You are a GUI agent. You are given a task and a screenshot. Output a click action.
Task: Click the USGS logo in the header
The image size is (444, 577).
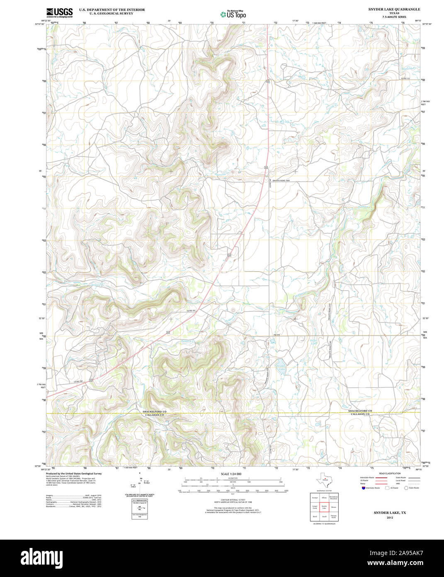point(59,12)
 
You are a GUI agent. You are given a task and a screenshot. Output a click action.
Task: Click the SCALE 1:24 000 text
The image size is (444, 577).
point(231,474)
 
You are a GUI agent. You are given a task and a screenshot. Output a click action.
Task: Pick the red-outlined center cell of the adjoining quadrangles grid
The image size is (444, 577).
point(324,507)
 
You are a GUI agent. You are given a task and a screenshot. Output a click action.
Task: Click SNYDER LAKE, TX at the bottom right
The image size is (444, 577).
point(390,513)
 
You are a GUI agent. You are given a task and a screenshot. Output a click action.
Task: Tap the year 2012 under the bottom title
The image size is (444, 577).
point(390,518)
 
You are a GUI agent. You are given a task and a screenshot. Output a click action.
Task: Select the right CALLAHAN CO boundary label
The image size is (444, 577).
point(360,414)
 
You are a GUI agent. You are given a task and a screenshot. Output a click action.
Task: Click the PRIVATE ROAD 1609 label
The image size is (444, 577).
point(281,181)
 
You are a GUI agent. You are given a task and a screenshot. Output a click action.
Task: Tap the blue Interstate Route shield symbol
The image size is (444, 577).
point(363,488)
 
